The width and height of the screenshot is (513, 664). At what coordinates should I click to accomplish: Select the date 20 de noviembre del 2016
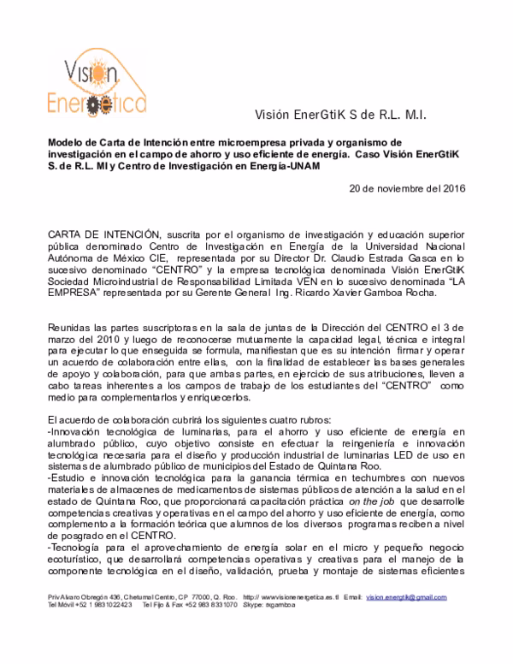click(409, 188)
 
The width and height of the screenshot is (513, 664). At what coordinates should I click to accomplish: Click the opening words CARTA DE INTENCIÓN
click(103, 233)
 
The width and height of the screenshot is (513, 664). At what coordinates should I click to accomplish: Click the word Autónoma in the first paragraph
click(71, 255)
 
